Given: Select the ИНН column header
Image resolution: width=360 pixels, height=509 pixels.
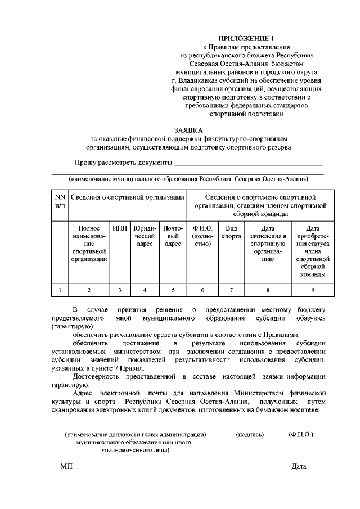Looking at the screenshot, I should [120, 228].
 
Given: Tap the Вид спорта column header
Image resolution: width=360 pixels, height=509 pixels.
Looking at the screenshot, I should [229, 232].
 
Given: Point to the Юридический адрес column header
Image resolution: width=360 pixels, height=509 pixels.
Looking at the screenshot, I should [145, 236].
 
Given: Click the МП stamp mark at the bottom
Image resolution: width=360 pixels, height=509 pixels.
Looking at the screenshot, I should [66, 467].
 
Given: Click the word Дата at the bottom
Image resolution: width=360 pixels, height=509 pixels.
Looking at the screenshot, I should [299, 467].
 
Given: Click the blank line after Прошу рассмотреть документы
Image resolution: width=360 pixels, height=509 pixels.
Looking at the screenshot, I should [249, 164].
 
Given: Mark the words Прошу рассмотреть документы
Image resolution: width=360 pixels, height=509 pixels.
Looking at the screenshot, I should [123, 163].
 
